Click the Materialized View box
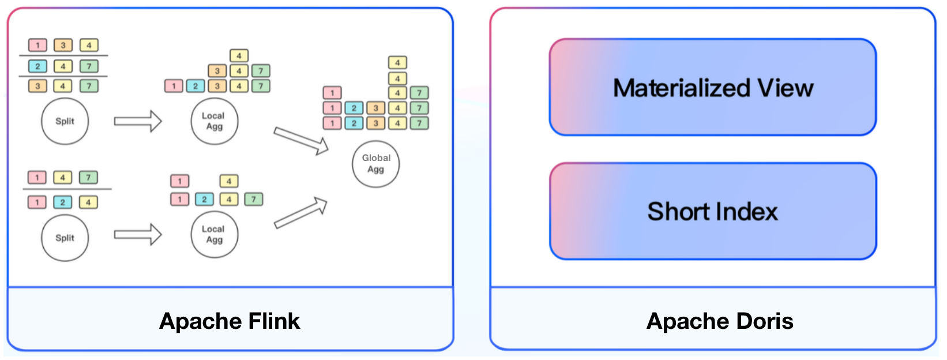coord(713,88)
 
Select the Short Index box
coord(713,211)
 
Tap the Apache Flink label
coord(230,321)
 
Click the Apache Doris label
coord(720,321)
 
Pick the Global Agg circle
coord(375,164)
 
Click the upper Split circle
coord(65,121)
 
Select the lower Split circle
coord(65,238)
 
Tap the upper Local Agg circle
coord(214,121)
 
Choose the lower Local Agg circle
coord(214,234)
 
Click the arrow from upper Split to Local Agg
coord(138,121)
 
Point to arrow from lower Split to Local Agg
coord(138,234)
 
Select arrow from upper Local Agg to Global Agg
coord(300,141)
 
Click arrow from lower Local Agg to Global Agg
coord(300,213)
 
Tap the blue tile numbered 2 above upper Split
coord(37,66)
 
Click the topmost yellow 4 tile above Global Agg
coord(397,62)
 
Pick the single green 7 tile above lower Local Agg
coord(253,199)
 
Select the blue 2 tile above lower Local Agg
coord(204,199)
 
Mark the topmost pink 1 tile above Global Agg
coord(332,92)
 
